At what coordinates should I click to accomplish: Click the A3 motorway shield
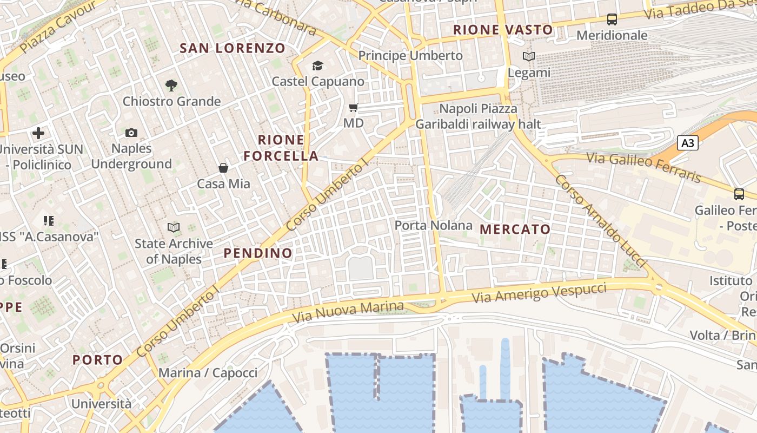click(x=687, y=143)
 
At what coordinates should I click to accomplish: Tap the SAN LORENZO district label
click(x=233, y=48)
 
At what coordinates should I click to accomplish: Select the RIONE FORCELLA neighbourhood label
click(x=281, y=148)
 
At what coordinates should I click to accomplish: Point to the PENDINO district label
click(x=258, y=253)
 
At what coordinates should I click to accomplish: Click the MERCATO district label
click(x=515, y=229)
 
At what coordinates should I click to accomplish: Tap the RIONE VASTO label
click(x=503, y=30)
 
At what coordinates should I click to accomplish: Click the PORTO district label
click(x=98, y=359)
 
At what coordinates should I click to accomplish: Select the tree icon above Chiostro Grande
click(x=171, y=85)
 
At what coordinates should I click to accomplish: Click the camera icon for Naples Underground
click(x=131, y=133)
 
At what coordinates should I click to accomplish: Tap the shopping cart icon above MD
click(x=354, y=107)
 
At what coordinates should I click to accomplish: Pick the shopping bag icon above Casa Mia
click(x=223, y=168)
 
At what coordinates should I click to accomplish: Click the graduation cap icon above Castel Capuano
click(x=317, y=65)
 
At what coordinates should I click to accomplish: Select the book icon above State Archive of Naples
click(x=174, y=227)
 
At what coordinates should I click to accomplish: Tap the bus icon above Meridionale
click(x=612, y=19)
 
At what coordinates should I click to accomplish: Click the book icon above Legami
click(x=529, y=56)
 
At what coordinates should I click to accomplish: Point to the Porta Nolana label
click(x=433, y=225)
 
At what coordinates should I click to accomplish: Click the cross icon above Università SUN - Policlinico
click(x=38, y=133)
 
